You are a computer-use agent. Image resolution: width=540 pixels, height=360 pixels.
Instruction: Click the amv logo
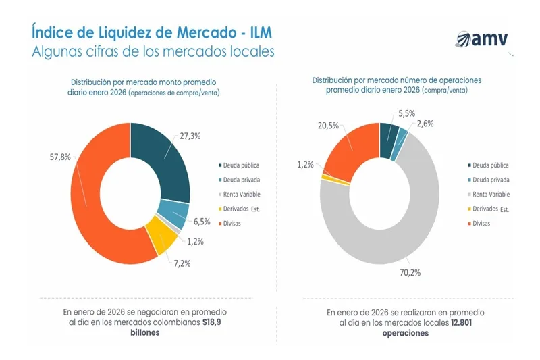click(482, 40)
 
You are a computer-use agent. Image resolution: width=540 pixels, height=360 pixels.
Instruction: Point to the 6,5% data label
click(200, 221)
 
